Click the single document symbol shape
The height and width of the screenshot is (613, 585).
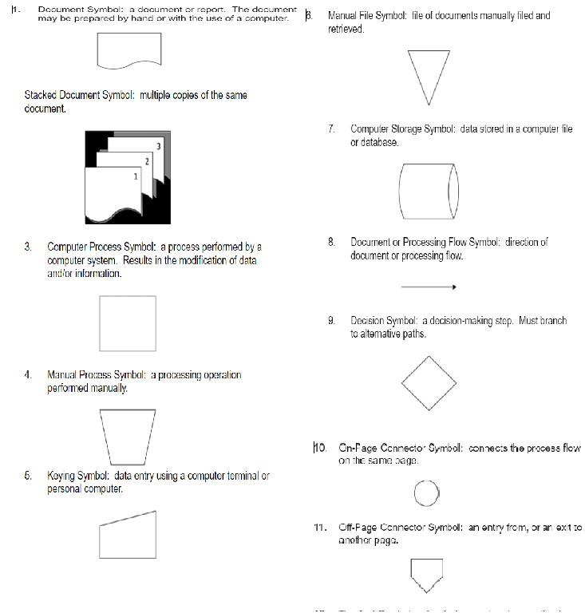128,50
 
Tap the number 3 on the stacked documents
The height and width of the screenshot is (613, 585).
159,147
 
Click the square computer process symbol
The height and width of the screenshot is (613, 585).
128,322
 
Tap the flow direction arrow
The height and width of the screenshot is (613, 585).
429,287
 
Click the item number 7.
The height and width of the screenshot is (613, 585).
330,129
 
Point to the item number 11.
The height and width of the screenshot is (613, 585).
320,528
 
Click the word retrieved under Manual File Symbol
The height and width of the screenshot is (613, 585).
346,29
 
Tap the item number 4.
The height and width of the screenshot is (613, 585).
28,374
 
